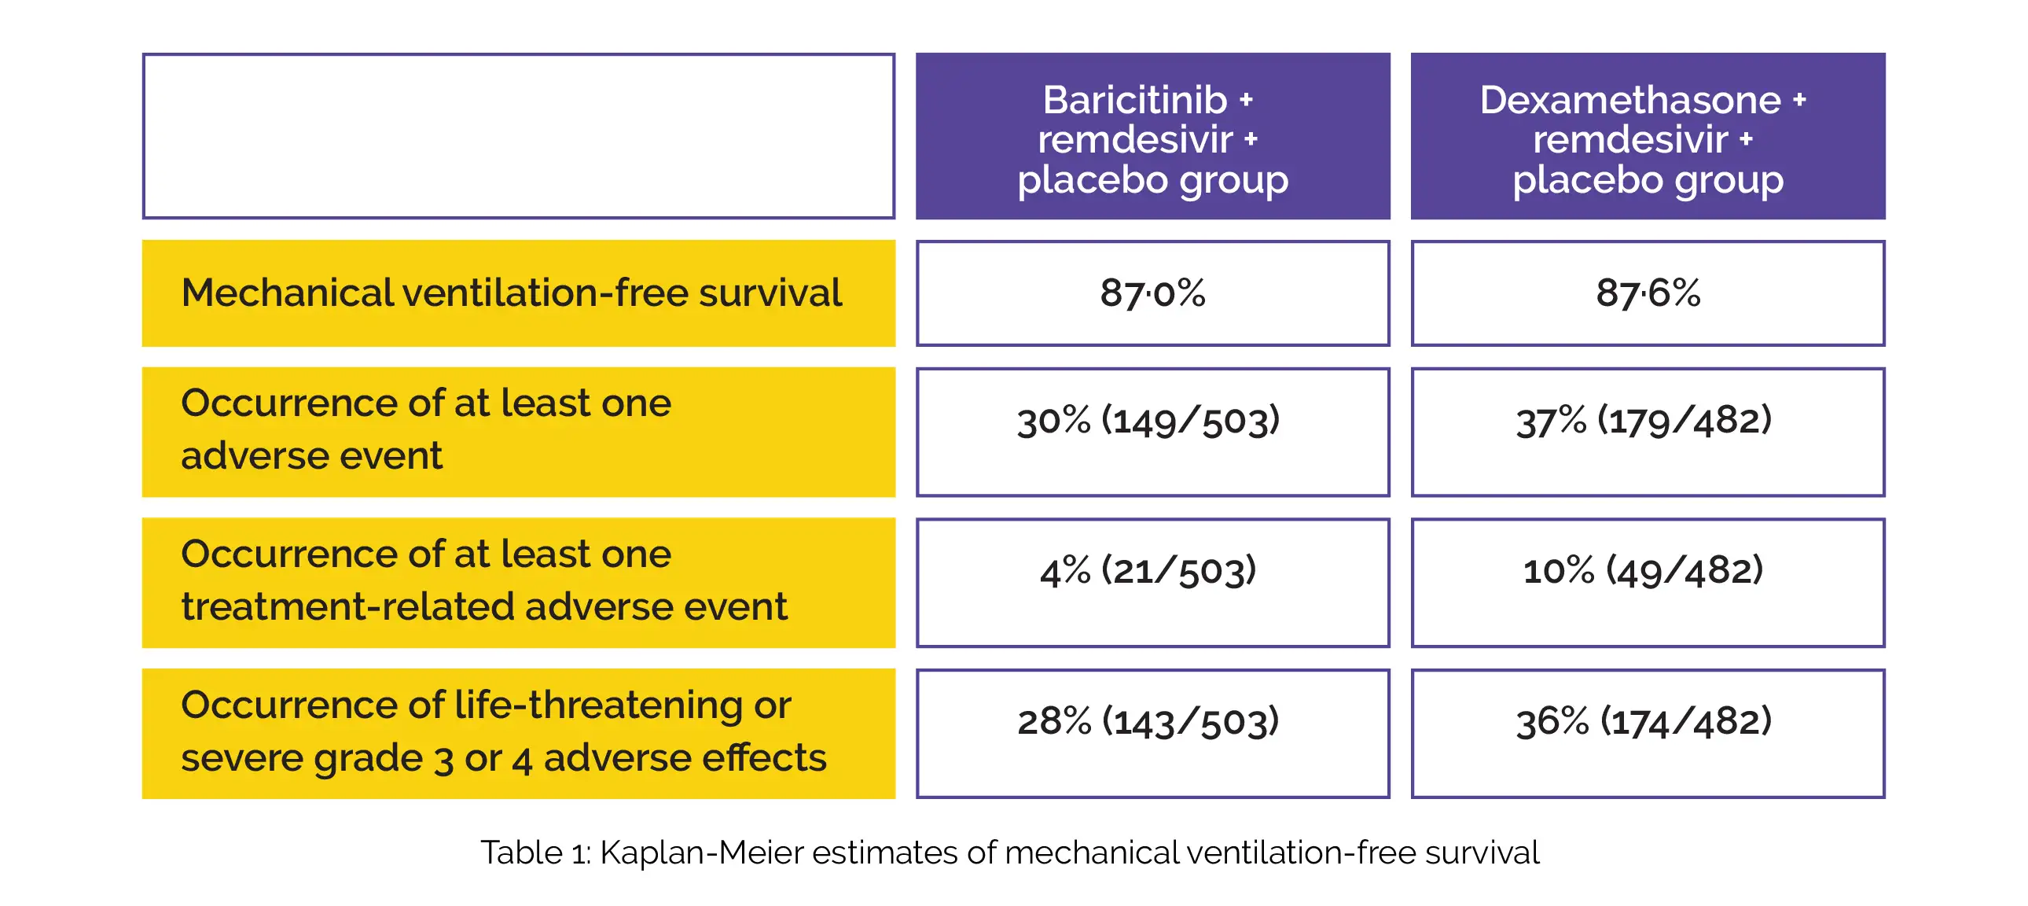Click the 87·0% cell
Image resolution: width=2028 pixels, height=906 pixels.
coord(1152,293)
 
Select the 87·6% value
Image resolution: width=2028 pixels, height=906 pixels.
coord(1648,293)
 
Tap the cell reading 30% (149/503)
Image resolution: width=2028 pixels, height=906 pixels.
coord(1152,432)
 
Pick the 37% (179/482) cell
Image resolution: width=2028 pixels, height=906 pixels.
coord(1648,432)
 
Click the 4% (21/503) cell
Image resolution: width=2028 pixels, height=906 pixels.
coord(1152,583)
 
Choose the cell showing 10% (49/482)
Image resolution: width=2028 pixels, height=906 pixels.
coord(1648,583)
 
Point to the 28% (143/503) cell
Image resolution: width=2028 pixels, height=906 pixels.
coord(1152,734)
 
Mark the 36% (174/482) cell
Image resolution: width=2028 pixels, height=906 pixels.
coord(1648,734)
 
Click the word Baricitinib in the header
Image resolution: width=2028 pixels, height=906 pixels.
coord(1134,100)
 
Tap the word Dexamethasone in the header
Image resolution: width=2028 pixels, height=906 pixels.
coord(1629,100)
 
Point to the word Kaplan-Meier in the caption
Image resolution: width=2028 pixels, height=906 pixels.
coord(700,853)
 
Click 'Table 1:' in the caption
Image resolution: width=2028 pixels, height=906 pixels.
coord(535,853)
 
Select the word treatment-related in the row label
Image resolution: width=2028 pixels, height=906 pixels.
coord(347,606)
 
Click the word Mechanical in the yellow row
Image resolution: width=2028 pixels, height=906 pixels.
coord(288,293)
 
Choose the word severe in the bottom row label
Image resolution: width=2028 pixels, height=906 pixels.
coord(241,758)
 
